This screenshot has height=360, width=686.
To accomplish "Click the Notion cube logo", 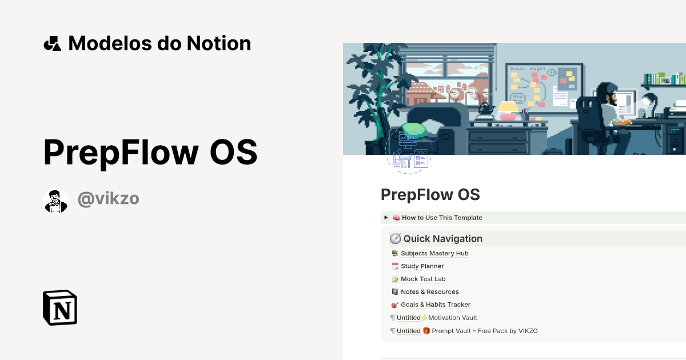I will click(x=60, y=307).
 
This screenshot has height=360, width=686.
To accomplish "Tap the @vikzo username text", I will click(x=109, y=199).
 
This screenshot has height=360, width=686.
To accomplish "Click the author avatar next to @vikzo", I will click(x=55, y=201).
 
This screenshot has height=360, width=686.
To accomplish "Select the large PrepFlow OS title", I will click(x=150, y=152).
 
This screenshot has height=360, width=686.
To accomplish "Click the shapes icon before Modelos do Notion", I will click(x=52, y=43).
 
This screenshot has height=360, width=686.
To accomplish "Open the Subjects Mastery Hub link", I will click(x=434, y=253).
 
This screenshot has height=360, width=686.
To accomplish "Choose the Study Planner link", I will click(x=422, y=266).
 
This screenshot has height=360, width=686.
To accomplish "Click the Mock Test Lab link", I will click(x=423, y=279).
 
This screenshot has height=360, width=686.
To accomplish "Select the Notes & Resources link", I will click(x=429, y=292).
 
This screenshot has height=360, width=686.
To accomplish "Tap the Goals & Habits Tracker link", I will click(x=436, y=305).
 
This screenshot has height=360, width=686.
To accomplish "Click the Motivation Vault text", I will click(x=452, y=318).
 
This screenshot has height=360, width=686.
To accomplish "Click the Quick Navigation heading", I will click(x=442, y=239).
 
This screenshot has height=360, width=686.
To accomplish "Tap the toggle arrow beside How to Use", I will click(x=386, y=218).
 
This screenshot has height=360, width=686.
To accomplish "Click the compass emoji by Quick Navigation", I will click(x=395, y=239).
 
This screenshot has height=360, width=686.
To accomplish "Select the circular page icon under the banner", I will click(x=409, y=151).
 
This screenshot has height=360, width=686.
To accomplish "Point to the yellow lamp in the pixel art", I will click(x=508, y=108).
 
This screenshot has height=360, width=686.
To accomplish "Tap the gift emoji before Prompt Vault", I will click(x=426, y=331).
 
